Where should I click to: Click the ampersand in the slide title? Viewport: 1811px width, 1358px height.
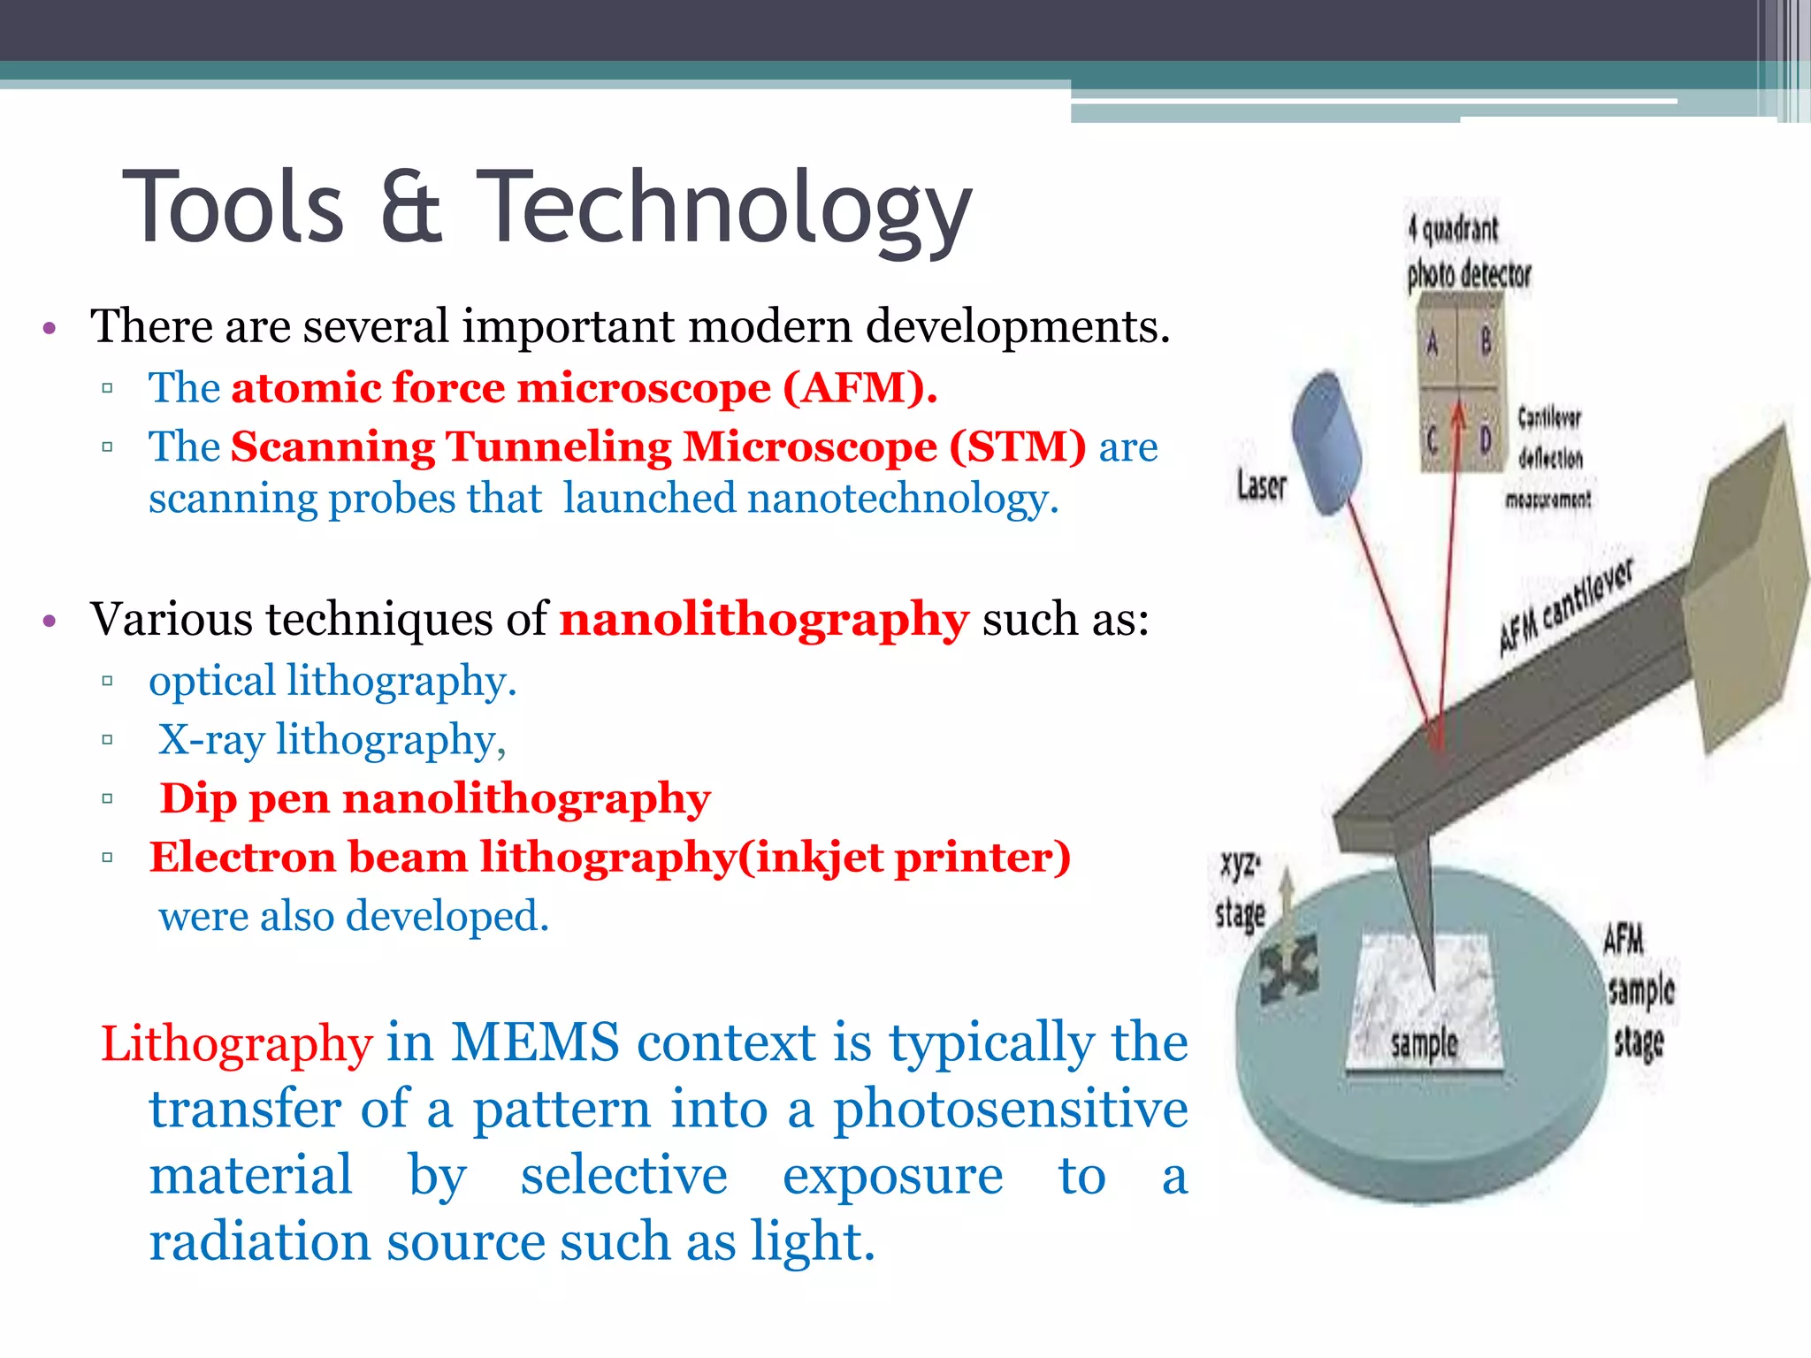click(410, 209)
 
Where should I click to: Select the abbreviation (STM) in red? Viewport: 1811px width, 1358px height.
click(1017, 446)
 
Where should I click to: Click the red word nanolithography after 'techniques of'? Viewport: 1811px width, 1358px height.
click(764, 619)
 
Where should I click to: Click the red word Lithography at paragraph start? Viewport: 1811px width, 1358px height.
click(236, 1043)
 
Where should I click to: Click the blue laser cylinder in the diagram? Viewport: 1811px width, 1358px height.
click(1326, 442)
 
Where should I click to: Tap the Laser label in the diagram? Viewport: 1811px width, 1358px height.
click(1262, 485)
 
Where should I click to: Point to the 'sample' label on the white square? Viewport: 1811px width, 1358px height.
click(1424, 1044)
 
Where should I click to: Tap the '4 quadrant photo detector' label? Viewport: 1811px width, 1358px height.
click(1468, 253)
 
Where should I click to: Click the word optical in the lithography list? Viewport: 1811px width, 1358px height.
click(212, 681)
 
